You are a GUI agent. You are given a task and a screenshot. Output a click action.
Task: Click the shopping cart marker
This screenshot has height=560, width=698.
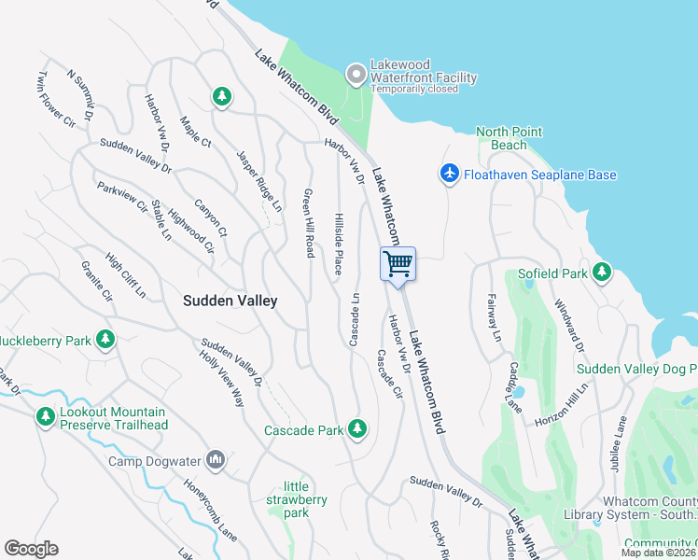coord(398,264)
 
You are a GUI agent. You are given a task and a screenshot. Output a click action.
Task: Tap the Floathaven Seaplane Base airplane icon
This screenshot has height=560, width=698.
coord(450,175)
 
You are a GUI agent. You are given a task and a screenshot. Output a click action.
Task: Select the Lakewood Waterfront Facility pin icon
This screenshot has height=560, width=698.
coord(355,73)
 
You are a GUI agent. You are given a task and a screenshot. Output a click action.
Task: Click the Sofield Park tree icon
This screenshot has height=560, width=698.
coord(602,273)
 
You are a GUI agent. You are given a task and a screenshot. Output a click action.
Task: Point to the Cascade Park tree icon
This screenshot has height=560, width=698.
coord(356,429)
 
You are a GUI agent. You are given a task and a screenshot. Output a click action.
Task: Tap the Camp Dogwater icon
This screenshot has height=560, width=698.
coord(216,460)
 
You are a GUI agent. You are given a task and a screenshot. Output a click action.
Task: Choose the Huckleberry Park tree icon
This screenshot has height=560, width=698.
coord(106,340)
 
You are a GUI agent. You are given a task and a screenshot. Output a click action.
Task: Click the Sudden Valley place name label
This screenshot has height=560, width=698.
coord(230,301)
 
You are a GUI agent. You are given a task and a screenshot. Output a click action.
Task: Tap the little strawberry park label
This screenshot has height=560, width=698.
coord(305,499)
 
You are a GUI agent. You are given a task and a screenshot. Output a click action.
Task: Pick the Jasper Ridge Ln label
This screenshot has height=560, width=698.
coord(258,181)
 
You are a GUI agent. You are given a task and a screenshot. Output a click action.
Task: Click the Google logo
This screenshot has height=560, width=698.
coord(31,549)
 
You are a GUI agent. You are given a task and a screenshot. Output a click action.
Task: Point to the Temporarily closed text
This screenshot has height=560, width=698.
coord(413,90)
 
